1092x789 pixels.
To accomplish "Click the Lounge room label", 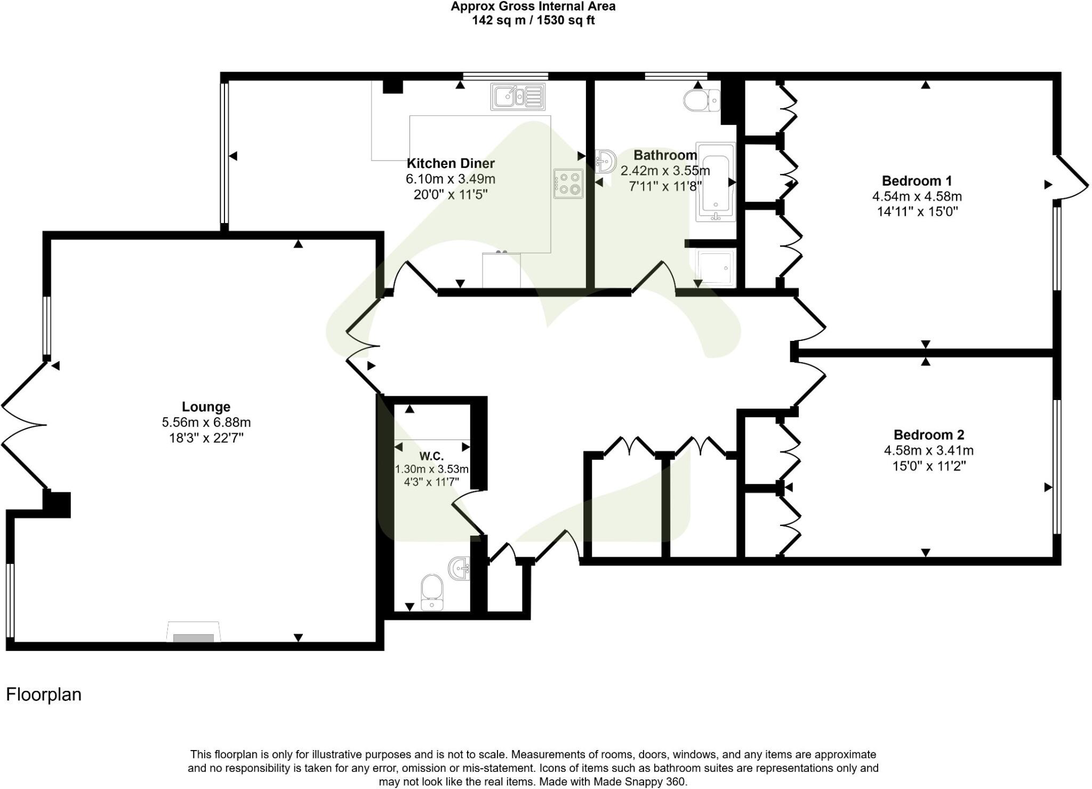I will (206, 407).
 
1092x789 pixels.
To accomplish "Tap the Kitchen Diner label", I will (451, 163).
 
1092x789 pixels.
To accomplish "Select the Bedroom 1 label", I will (917, 181).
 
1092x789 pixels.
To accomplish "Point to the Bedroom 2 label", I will (929, 435).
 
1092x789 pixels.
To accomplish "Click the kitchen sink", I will (518, 97).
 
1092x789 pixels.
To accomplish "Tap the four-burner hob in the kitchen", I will (568, 184).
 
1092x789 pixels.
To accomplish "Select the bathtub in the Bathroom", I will (716, 182).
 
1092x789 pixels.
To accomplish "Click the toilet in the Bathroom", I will (701, 100).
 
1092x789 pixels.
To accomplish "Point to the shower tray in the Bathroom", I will (716, 267).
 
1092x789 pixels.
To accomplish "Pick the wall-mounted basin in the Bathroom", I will (605, 161).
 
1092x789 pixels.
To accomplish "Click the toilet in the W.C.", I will (431, 591).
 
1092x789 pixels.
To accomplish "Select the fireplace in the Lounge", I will (194, 632).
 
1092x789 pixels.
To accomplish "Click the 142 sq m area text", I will (533, 20).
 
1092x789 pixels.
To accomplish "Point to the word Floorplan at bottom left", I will (44, 695).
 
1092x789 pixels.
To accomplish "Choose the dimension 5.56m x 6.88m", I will (206, 423).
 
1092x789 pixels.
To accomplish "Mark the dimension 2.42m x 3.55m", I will (665, 171).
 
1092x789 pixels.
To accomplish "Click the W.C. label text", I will (431, 456).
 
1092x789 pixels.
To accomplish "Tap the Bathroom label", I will (665, 155).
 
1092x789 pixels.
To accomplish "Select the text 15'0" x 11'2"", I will (929, 466).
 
